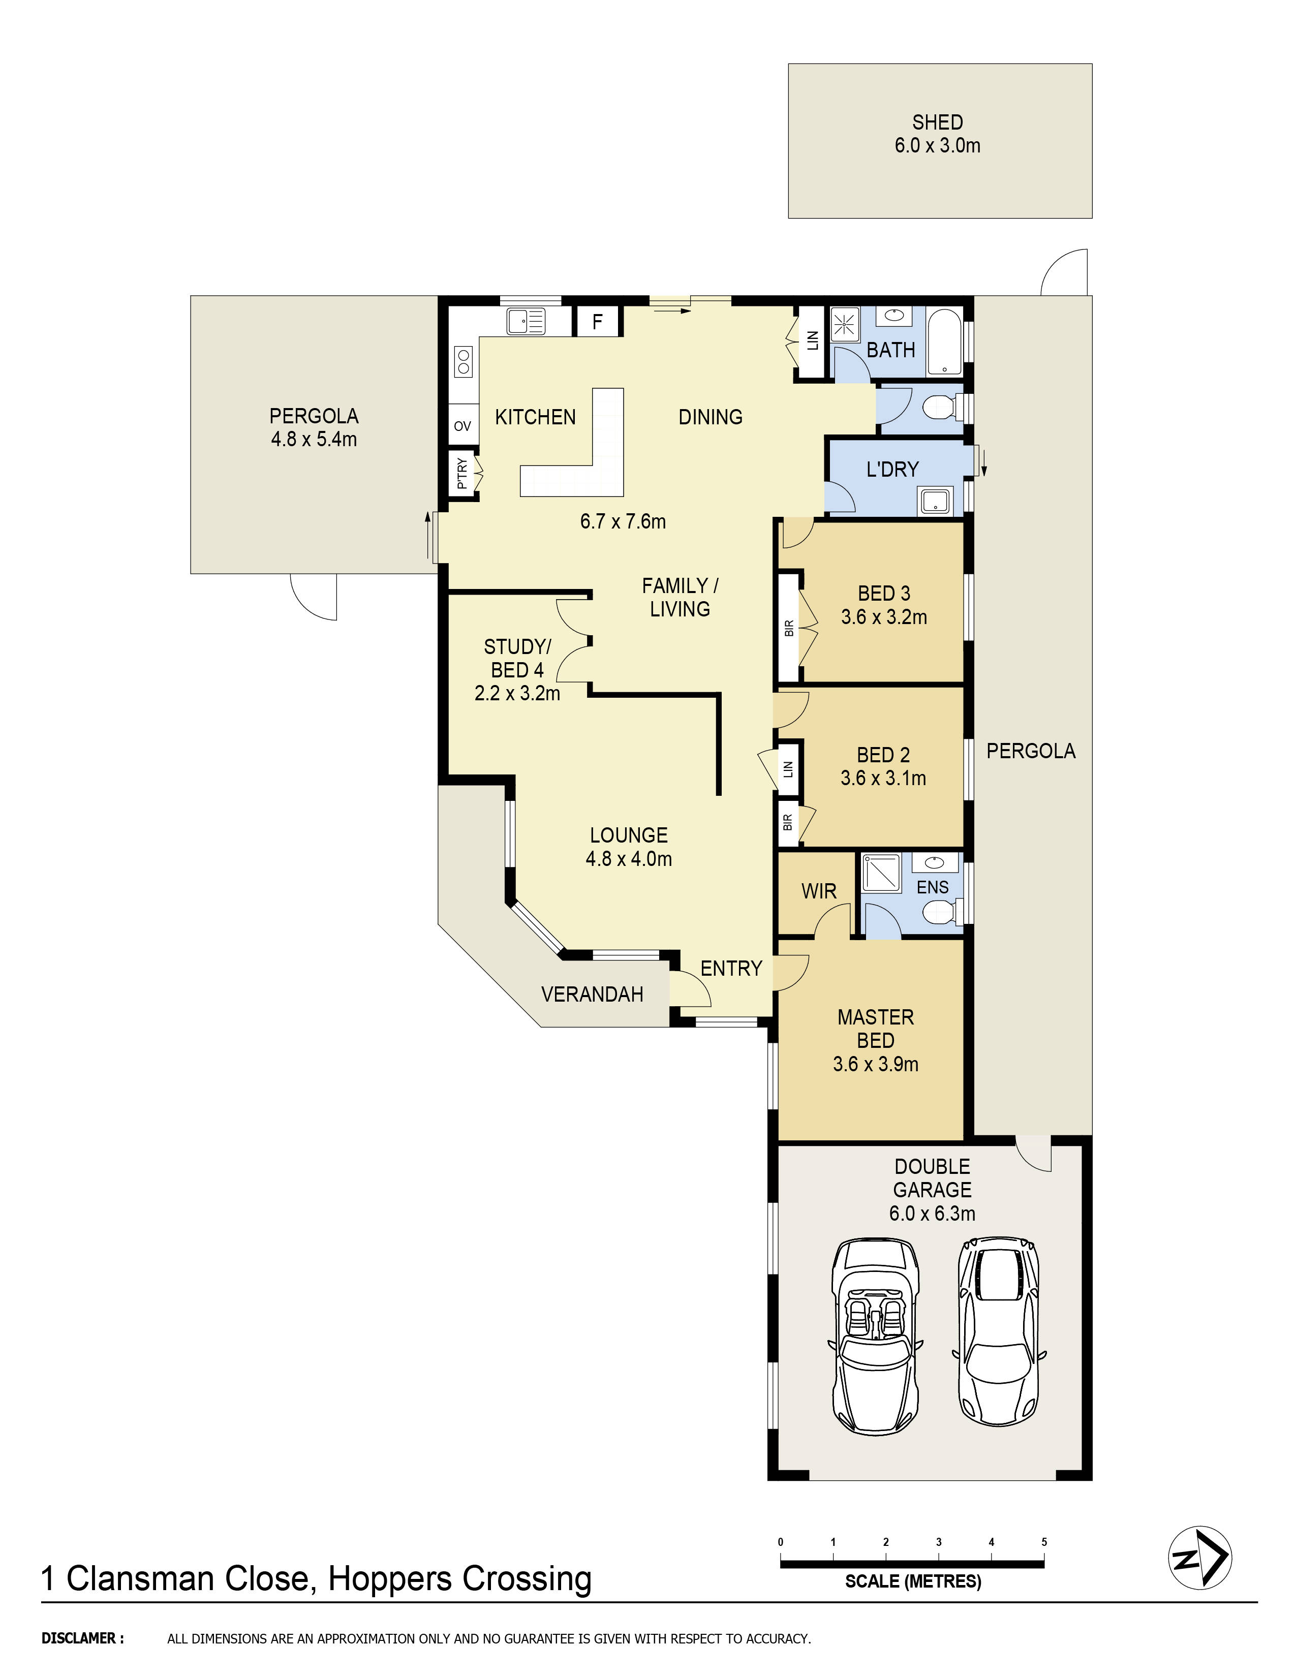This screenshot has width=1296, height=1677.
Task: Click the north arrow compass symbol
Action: point(1199,1557)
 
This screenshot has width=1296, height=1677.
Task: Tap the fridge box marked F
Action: point(597,321)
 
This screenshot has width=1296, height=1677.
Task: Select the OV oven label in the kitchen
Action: point(462,426)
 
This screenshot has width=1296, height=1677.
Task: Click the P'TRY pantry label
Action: point(461,474)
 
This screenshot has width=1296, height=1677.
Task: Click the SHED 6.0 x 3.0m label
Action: point(938,134)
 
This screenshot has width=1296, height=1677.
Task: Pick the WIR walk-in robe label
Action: point(818,891)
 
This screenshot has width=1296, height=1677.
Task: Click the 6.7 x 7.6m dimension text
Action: point(623,521)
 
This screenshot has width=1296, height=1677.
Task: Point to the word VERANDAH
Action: point(592,995)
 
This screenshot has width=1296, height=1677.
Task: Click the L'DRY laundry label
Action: point(892,469)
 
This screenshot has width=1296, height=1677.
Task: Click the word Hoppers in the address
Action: point(390,1579)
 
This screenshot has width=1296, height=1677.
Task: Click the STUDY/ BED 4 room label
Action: point(517,670)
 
